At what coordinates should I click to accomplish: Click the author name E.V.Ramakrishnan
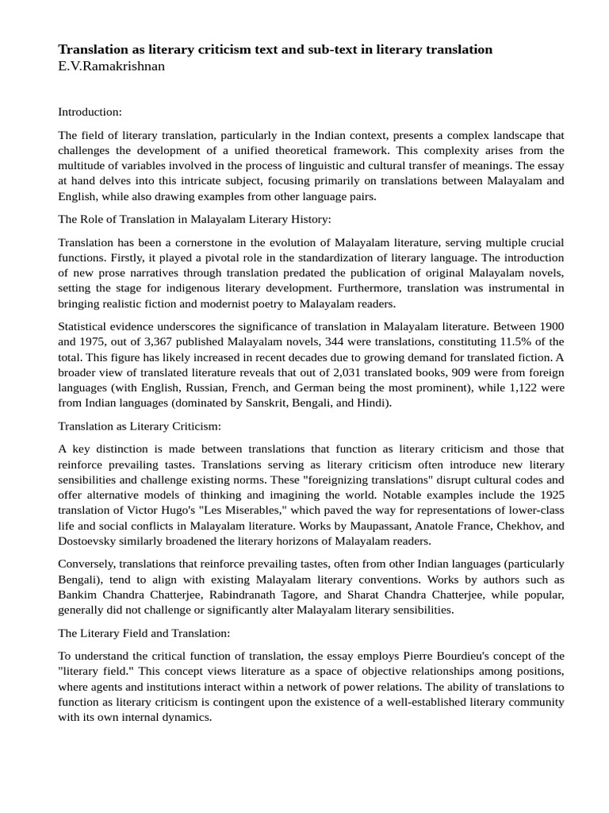111,67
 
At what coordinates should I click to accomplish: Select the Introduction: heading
90,113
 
